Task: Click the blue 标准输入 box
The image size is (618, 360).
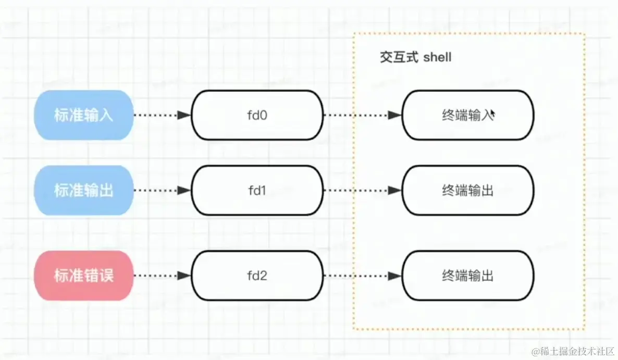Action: (83, 115)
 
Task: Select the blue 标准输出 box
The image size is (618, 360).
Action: (83, 191)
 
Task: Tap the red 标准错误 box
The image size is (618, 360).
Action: (83, 276)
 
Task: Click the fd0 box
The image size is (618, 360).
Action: (257, 115)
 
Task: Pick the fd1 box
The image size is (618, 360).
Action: (257, 191)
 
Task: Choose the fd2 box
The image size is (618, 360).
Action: (257, 276)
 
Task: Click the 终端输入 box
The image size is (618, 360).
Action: (467, 115)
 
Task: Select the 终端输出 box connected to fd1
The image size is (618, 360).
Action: (467, 191)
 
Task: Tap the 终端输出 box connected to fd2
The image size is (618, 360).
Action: (467, 276)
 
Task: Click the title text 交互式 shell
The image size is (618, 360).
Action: (415, 57)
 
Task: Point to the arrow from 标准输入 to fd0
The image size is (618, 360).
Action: (162, 115)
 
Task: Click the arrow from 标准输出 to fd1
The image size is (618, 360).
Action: (162, 191)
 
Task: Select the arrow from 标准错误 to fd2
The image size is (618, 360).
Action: (162, 276)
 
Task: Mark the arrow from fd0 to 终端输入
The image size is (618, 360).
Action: (362, 115)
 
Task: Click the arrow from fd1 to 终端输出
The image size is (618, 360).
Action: (362, 191)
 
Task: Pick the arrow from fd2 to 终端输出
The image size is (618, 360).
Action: (362, 276)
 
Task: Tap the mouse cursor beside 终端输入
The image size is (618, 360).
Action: (492, 113)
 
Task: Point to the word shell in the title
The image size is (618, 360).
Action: (437, 57)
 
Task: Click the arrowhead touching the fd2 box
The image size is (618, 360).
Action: (185, 276)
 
